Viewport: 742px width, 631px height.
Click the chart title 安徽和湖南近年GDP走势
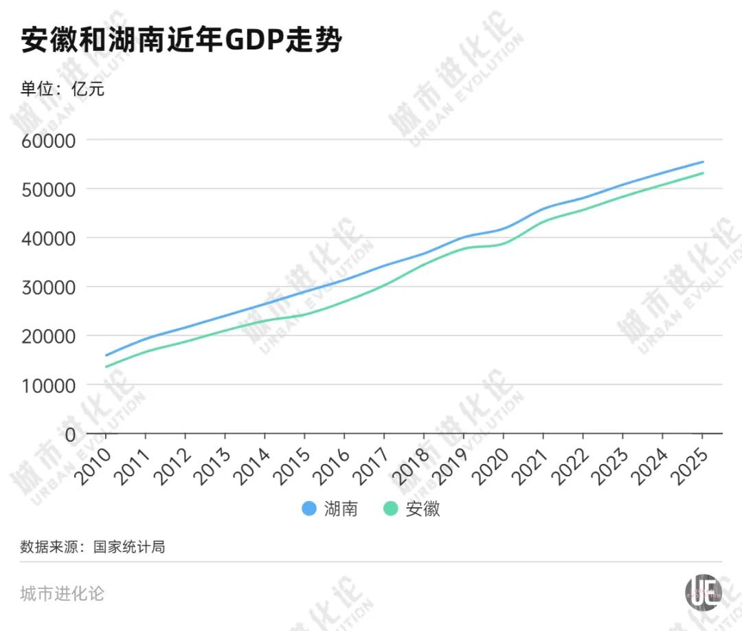tap(181, 41)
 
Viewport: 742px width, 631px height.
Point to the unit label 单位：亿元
tap(63, 89)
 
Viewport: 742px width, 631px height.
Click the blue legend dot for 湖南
tap(309, 509)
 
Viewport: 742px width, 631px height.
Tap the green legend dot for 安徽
tap(391, 509)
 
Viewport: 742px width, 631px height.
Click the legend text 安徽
tap(423, 509)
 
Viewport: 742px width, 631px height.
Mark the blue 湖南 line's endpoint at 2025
tap(702, 162)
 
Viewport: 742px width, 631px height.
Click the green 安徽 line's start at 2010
tap(106, 366)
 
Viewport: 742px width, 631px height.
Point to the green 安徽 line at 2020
tap(504, 243)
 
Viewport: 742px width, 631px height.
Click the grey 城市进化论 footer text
tap(63, 593)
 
